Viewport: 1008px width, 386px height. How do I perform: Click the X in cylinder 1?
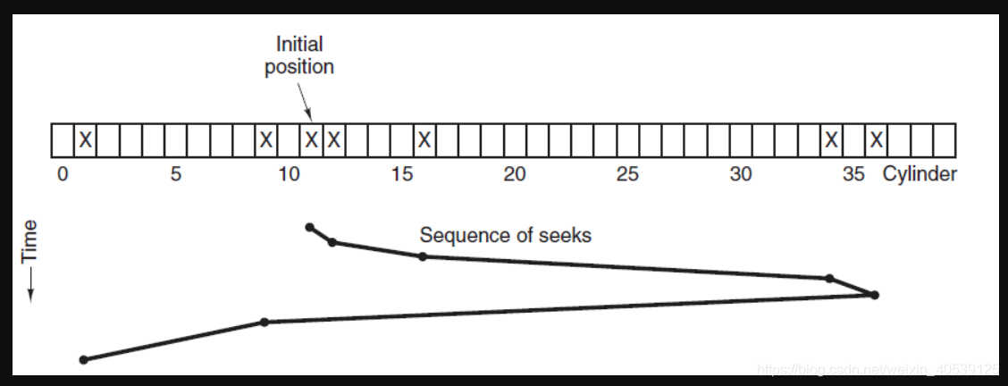85,140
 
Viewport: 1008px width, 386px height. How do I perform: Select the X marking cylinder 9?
265,140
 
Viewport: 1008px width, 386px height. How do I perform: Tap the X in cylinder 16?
424,140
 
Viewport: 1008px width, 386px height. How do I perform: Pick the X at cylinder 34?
831,140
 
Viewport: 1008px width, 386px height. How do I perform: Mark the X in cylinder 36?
877,140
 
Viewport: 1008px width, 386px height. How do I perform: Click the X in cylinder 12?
333,140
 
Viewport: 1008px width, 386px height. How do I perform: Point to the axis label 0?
62,174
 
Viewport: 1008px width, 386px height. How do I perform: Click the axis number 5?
176,174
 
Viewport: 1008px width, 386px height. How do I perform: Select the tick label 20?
515,174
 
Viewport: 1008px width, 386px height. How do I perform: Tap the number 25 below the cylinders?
627,174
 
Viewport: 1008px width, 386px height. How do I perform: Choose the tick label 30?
741,174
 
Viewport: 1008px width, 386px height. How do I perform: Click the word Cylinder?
920,174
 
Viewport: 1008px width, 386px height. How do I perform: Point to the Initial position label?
299,55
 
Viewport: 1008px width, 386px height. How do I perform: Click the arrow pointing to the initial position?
304,101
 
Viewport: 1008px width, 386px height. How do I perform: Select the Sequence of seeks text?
505,236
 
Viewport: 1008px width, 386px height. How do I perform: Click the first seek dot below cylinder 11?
309,227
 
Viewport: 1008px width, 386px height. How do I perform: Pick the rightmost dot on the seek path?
875,295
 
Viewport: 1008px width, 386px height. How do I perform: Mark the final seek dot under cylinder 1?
84,360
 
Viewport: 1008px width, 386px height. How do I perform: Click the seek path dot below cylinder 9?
264,322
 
